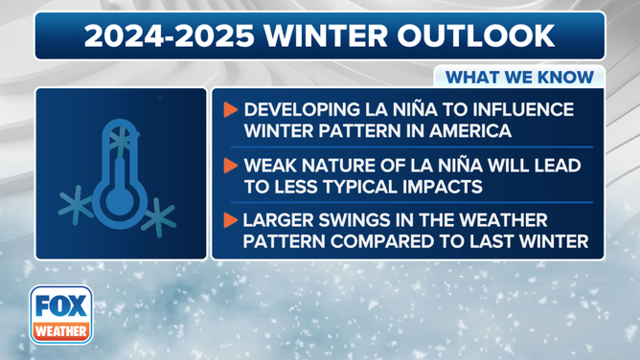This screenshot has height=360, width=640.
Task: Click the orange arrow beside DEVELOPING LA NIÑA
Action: coord(230,110)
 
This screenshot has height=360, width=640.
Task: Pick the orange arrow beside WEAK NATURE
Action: coord(230,166)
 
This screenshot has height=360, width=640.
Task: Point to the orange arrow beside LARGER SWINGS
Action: coord(230,220)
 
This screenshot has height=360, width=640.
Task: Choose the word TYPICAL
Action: coord(406,186)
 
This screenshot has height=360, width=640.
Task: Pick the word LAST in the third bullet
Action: coord(515,240)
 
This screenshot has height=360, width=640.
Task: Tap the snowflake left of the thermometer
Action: coord(73,204)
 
